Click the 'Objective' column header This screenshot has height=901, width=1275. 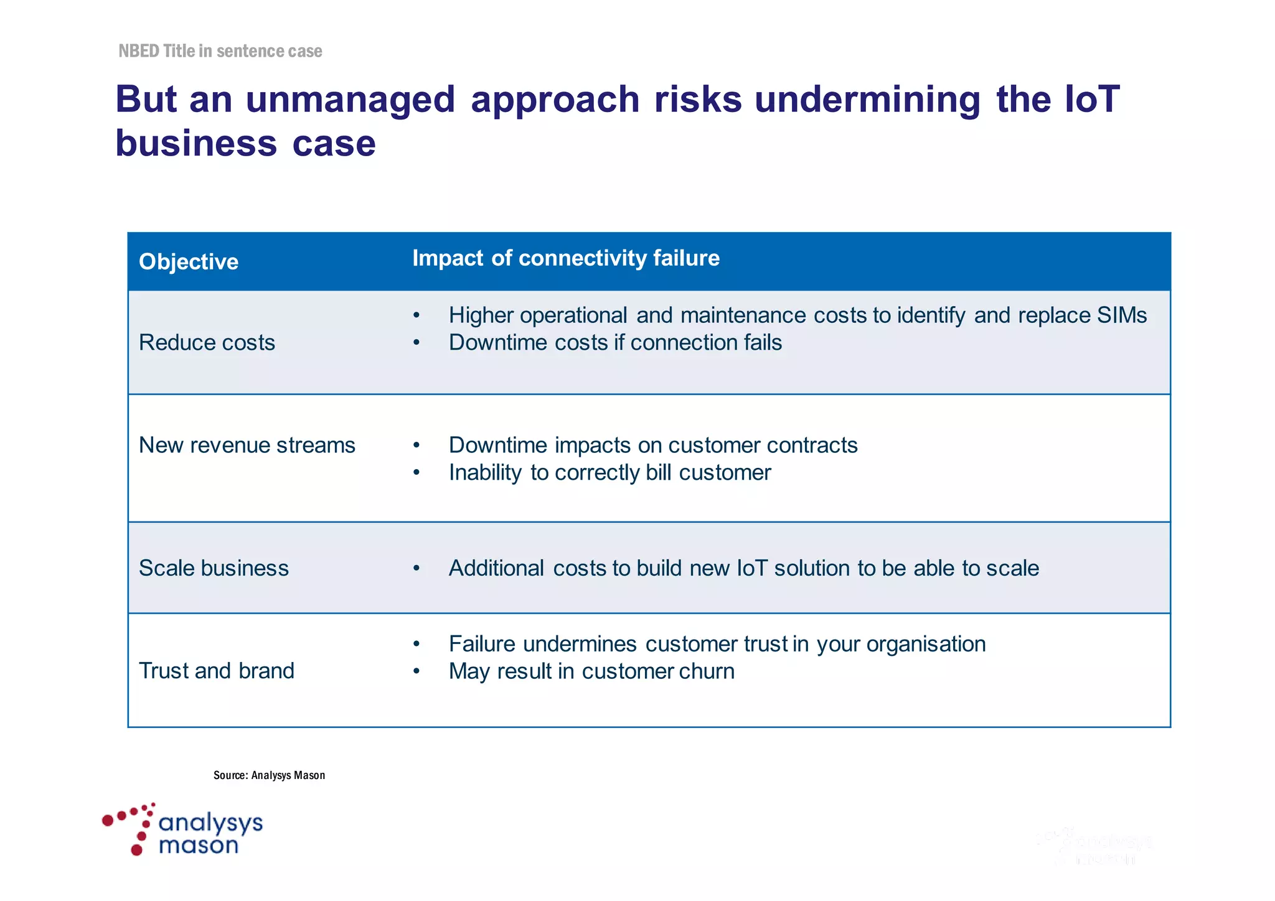point(188,262)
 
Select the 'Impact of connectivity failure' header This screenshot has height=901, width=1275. point(565,258)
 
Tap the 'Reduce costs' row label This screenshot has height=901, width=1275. point(207,343)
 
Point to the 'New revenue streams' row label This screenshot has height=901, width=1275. point(247,446)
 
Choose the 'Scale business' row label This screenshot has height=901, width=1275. point(214,568)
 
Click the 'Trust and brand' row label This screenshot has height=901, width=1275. point(216,671)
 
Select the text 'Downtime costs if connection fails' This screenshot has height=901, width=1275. point(615,343)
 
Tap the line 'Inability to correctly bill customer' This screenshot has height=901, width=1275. point(609,473)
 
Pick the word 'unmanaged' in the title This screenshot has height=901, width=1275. point(351,100)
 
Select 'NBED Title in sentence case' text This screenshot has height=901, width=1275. point(220,51)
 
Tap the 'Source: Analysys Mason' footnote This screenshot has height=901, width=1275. point(269,775)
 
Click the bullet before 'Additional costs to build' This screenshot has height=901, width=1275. point(416,569)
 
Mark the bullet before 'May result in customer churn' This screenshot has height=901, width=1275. point(416,671)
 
